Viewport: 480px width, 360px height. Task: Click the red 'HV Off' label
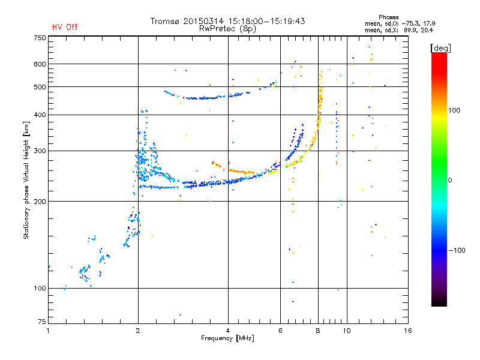coord(65,27)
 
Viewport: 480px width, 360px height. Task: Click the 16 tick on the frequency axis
coord(408,331)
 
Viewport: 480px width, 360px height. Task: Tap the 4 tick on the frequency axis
coord(228,331)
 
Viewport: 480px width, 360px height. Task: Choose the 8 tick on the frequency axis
coord(318,331)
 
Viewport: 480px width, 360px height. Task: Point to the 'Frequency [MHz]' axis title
coord(227,338)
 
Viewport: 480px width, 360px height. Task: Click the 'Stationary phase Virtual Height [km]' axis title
coord(26,180)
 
